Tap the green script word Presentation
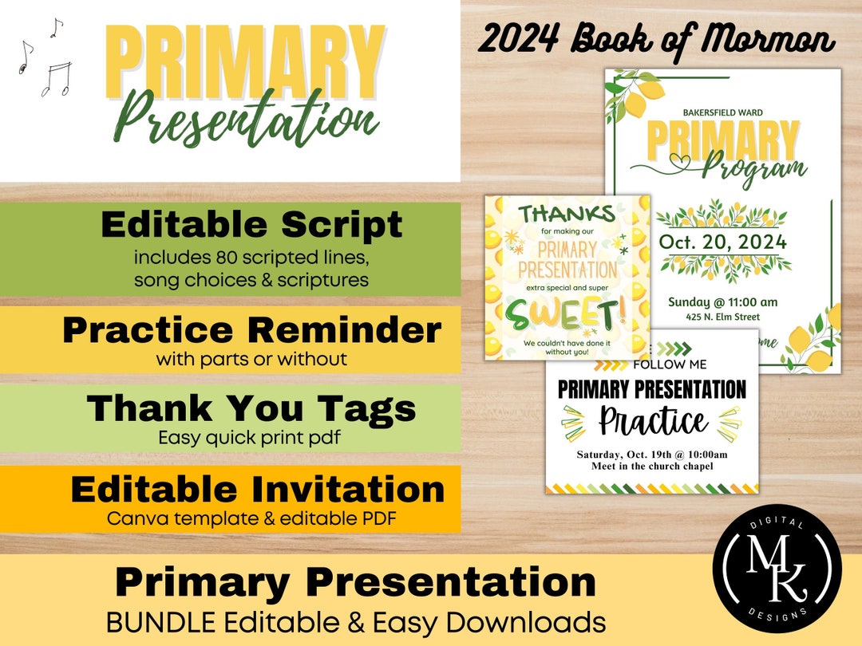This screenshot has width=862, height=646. pos(246,120)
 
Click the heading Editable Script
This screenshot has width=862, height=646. pos(251,225)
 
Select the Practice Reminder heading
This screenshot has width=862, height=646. pos(251,329)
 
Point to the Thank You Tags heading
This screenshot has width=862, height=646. pos(251,408)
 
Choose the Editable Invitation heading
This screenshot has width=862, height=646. pos(257,489)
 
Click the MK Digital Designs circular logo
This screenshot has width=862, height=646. pos(777,571)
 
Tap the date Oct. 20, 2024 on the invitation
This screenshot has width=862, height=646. pos(722,242)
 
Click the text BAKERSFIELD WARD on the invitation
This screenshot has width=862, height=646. pos(722,112)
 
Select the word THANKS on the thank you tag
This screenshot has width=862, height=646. pos(567,213)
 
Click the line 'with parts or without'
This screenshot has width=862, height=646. pos(251,359)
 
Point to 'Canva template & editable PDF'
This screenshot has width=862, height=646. pos(252,518)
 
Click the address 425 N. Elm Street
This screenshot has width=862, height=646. pos(722,317)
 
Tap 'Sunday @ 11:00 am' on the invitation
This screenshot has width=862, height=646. pos(722,301)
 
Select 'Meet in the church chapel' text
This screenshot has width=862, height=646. pos(652,466)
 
